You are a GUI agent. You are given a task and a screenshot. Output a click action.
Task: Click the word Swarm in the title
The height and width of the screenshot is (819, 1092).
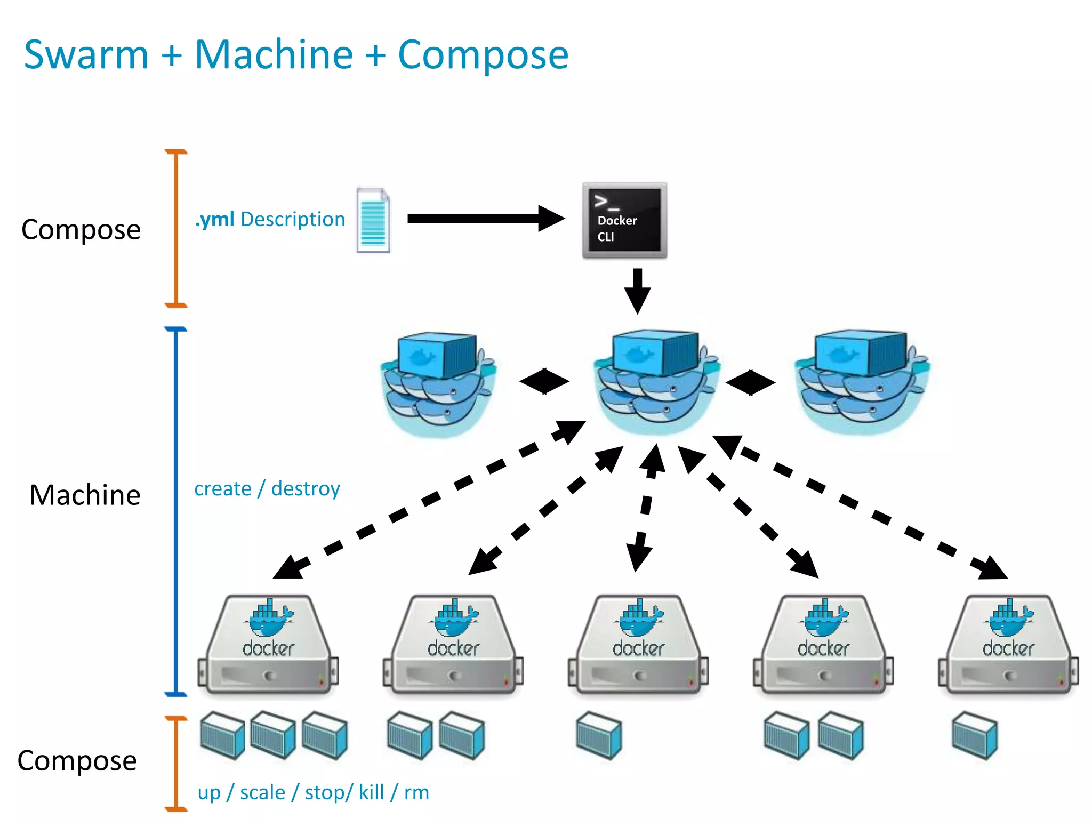tap(86, 55)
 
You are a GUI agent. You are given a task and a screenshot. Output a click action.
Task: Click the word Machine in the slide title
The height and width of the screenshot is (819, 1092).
tap(274, 55)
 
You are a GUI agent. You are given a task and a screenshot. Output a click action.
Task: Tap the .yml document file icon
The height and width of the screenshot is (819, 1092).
tap(373, 220)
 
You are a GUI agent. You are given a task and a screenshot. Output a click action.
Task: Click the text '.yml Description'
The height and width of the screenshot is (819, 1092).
tap(270, 220)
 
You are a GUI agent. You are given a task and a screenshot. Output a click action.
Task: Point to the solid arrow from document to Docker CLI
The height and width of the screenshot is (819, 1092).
tap(485, 218)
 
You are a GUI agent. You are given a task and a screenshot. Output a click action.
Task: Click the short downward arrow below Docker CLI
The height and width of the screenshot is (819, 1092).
tap(637, 291)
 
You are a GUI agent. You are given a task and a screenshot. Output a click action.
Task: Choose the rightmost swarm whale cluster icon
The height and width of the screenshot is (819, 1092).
tap(861, 382)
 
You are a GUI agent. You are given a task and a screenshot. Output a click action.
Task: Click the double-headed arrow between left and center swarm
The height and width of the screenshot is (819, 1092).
tap(544, 381)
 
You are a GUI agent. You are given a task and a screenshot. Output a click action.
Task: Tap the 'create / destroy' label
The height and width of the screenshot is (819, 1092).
tap(267, 488)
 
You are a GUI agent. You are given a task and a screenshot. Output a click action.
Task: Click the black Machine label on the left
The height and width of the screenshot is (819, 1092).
tap(85, 495)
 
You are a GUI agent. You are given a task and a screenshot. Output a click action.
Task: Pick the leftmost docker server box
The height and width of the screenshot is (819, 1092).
tap(268, 646)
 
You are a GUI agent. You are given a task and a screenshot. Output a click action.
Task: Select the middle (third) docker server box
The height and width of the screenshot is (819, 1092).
tap(638, 646)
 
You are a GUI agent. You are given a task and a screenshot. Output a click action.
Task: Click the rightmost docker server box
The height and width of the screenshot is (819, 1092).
tap(1008, 646)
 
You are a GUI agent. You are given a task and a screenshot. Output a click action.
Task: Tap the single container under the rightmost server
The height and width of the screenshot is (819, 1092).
tap(974, 736)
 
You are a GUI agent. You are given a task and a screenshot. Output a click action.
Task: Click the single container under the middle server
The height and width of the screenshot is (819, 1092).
tap(599, 735)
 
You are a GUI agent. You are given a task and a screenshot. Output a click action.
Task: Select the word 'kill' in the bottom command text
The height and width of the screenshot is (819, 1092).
tap(371, 792)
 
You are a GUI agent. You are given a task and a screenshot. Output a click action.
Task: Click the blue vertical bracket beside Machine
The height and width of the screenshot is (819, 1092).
tap(176, 512)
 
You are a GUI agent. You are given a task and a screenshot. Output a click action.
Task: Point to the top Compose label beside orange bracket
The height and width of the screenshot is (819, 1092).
tap(81, 230)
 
